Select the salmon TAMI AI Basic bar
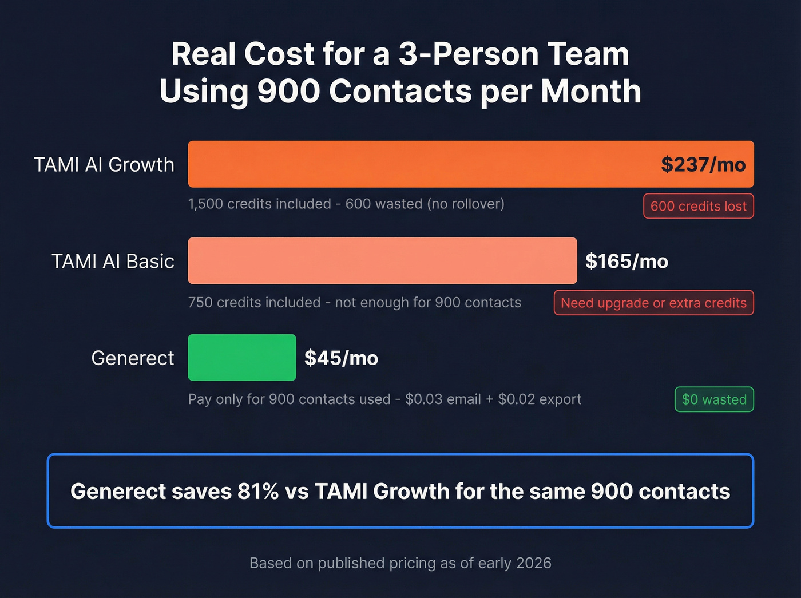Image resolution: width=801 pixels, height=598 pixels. (382, 261)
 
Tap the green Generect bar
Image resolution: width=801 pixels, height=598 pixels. (241, 358)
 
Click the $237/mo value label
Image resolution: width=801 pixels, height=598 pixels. (703, 165)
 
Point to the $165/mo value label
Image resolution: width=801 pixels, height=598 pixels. (626, 262)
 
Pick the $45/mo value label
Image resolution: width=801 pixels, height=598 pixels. (341, 358)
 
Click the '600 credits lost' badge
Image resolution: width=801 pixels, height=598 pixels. (698, 206)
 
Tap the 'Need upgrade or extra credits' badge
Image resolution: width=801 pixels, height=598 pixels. (653, 303)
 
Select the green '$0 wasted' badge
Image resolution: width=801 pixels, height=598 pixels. (714, 399)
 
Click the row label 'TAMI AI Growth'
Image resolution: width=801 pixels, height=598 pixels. (104, 165)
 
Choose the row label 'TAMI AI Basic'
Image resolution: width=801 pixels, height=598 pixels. (113, 262)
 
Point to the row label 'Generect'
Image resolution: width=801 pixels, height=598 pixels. (133, 358)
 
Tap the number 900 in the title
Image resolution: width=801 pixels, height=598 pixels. (288, 92)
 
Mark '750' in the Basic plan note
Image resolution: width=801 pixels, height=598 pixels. (200, 303)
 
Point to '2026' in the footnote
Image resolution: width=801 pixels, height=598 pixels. (533, 563)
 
